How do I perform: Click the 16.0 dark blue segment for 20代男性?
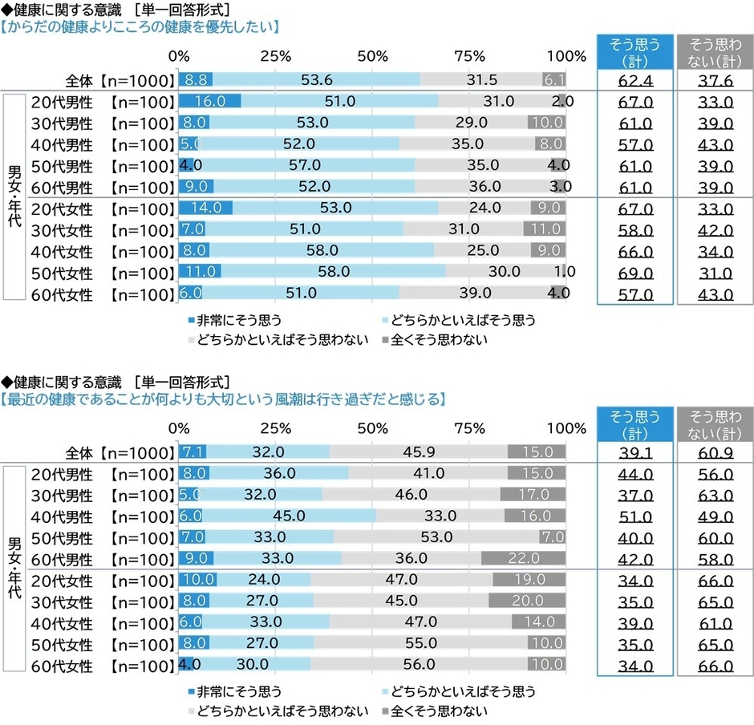coord(209,101)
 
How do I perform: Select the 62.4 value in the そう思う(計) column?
coord(634,80)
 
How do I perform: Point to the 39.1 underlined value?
coord(634,452)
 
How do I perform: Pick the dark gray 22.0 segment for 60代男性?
coord(523,558)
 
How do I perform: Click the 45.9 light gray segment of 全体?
coord(418,452)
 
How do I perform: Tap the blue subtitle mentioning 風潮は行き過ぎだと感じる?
coord(224,399)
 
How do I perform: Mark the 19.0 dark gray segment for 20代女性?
coord(529,580)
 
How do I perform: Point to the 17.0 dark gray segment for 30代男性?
coord(533,494)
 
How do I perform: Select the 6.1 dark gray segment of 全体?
coord(554,79)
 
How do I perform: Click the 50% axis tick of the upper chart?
coord(373,56)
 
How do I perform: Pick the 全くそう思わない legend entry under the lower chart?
coord(432,710)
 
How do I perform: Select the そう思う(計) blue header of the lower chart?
coord(634,423)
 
